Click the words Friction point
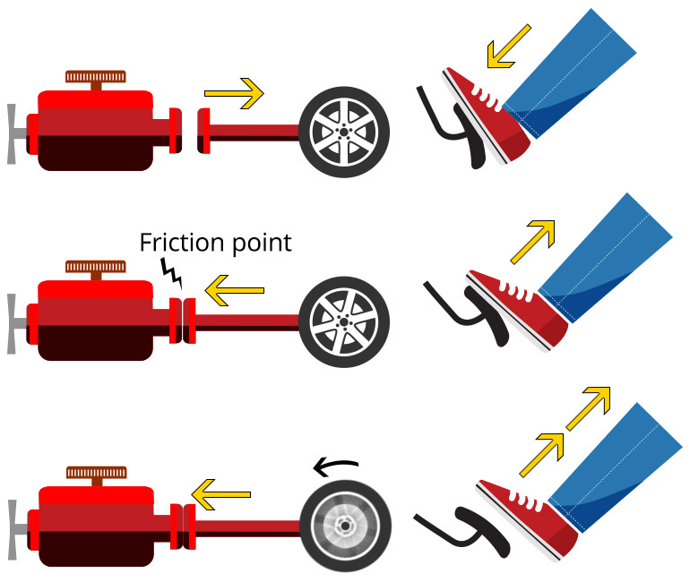click(x=215, y=243)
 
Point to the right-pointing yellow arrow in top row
click(x=234, y=92)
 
